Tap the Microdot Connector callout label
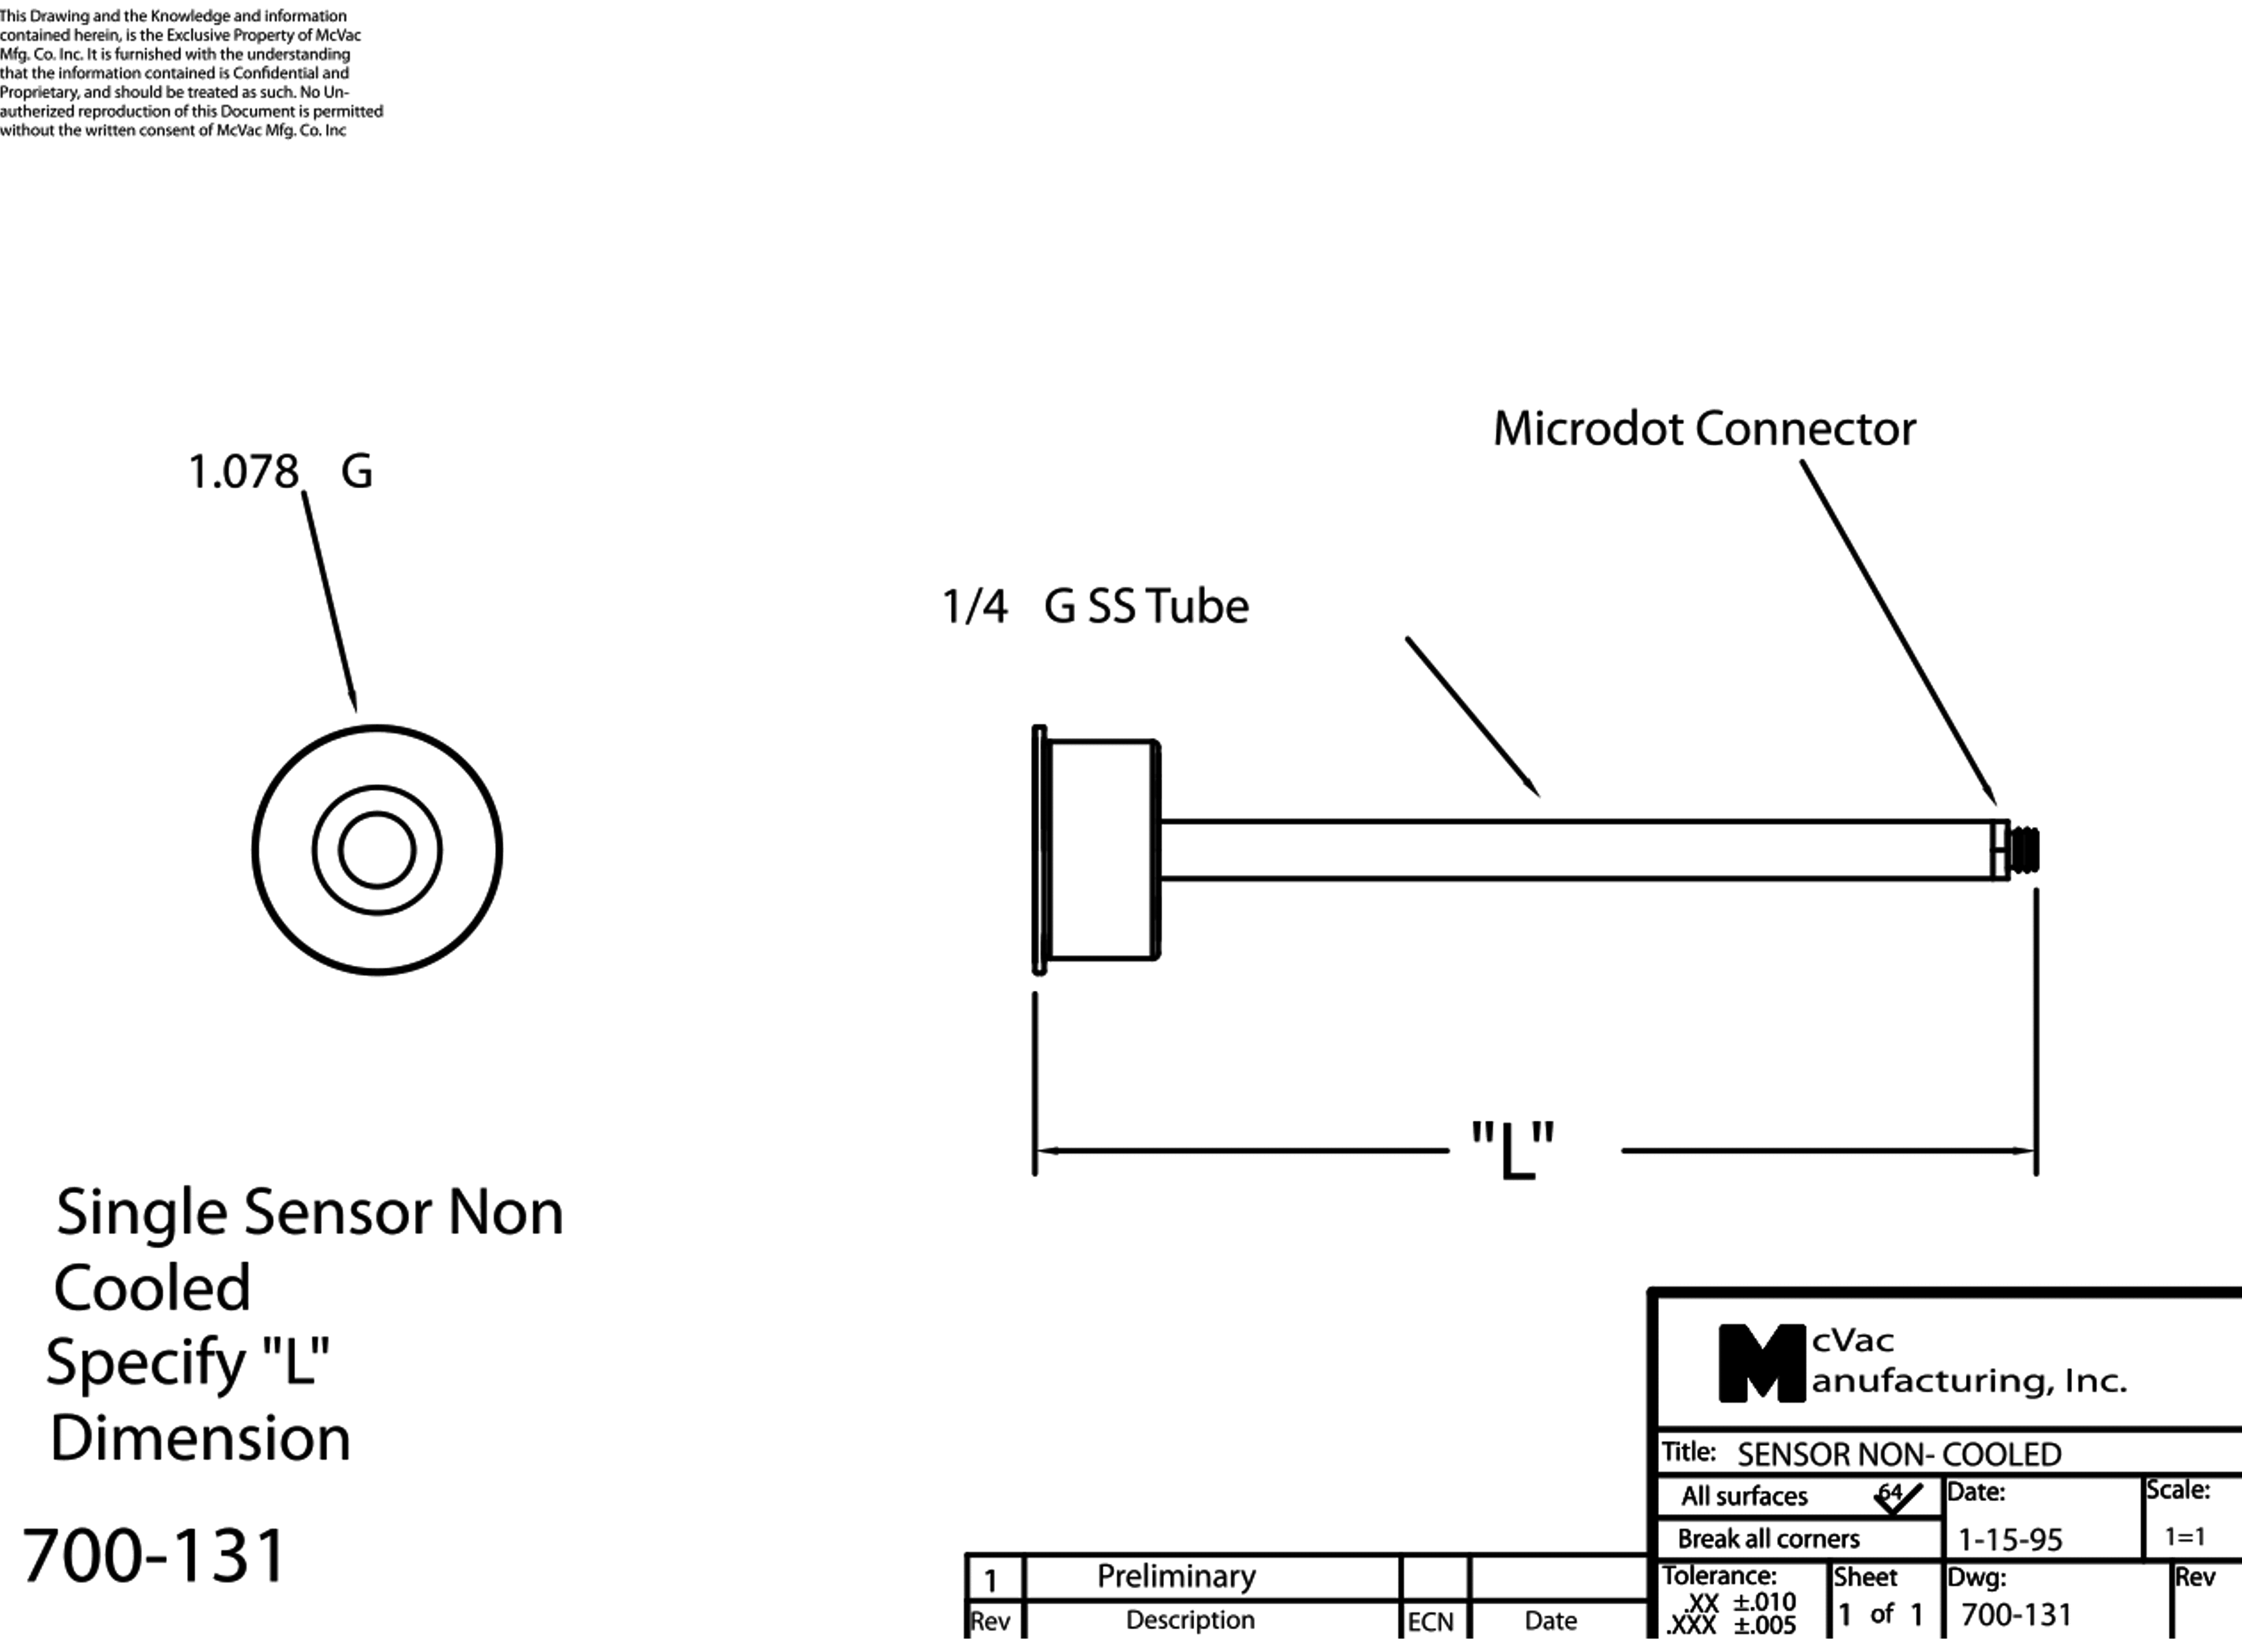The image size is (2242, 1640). [x=1704, y=429]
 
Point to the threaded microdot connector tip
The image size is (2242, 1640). [x=2025, y=850]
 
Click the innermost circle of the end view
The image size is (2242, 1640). [x=376, y=850]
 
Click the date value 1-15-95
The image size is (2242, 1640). [x=2009, y=1540]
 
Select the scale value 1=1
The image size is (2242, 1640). [x=2184, y=1537]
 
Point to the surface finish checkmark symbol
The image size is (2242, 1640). [x=1898, y=1497]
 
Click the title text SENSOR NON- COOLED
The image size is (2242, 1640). [x=1899, y=1454]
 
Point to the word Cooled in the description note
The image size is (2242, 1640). [x=152, y=1288]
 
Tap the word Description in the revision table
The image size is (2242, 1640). [x=1190, y=1620]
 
